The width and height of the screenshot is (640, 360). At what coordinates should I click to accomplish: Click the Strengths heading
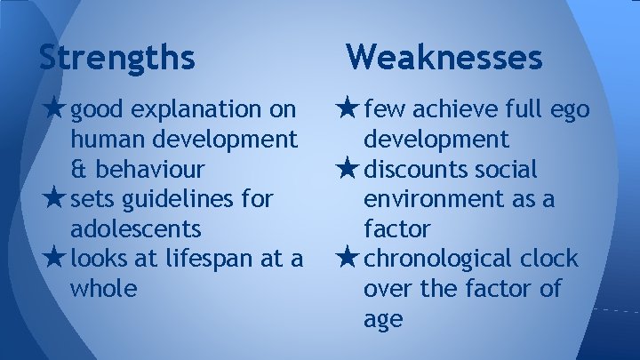click(116, 58)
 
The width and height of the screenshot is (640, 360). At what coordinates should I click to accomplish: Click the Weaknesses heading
click(444, 58)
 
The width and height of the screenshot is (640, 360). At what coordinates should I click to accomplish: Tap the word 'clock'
click(550, 260)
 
